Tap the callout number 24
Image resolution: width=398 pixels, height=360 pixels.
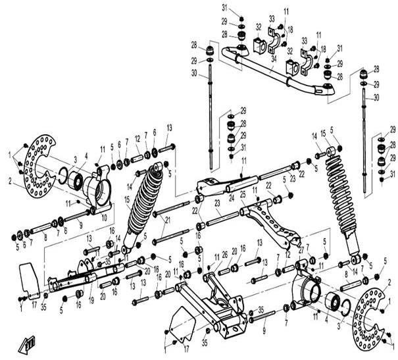(232, 195)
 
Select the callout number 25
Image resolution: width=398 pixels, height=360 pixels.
(243, 195)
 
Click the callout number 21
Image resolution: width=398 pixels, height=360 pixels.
(168, 219)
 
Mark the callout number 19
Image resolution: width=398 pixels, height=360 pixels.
(90, 299)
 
